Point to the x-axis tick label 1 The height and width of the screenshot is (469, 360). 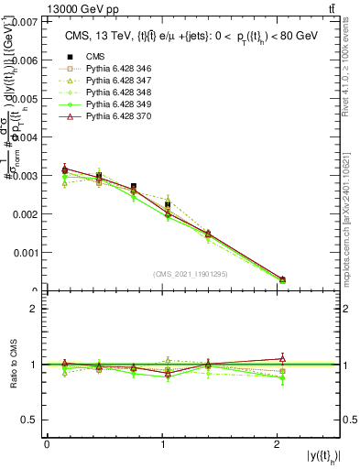click(x=163, y=444)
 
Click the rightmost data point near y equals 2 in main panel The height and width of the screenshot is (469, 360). click(x=281, y=279)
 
